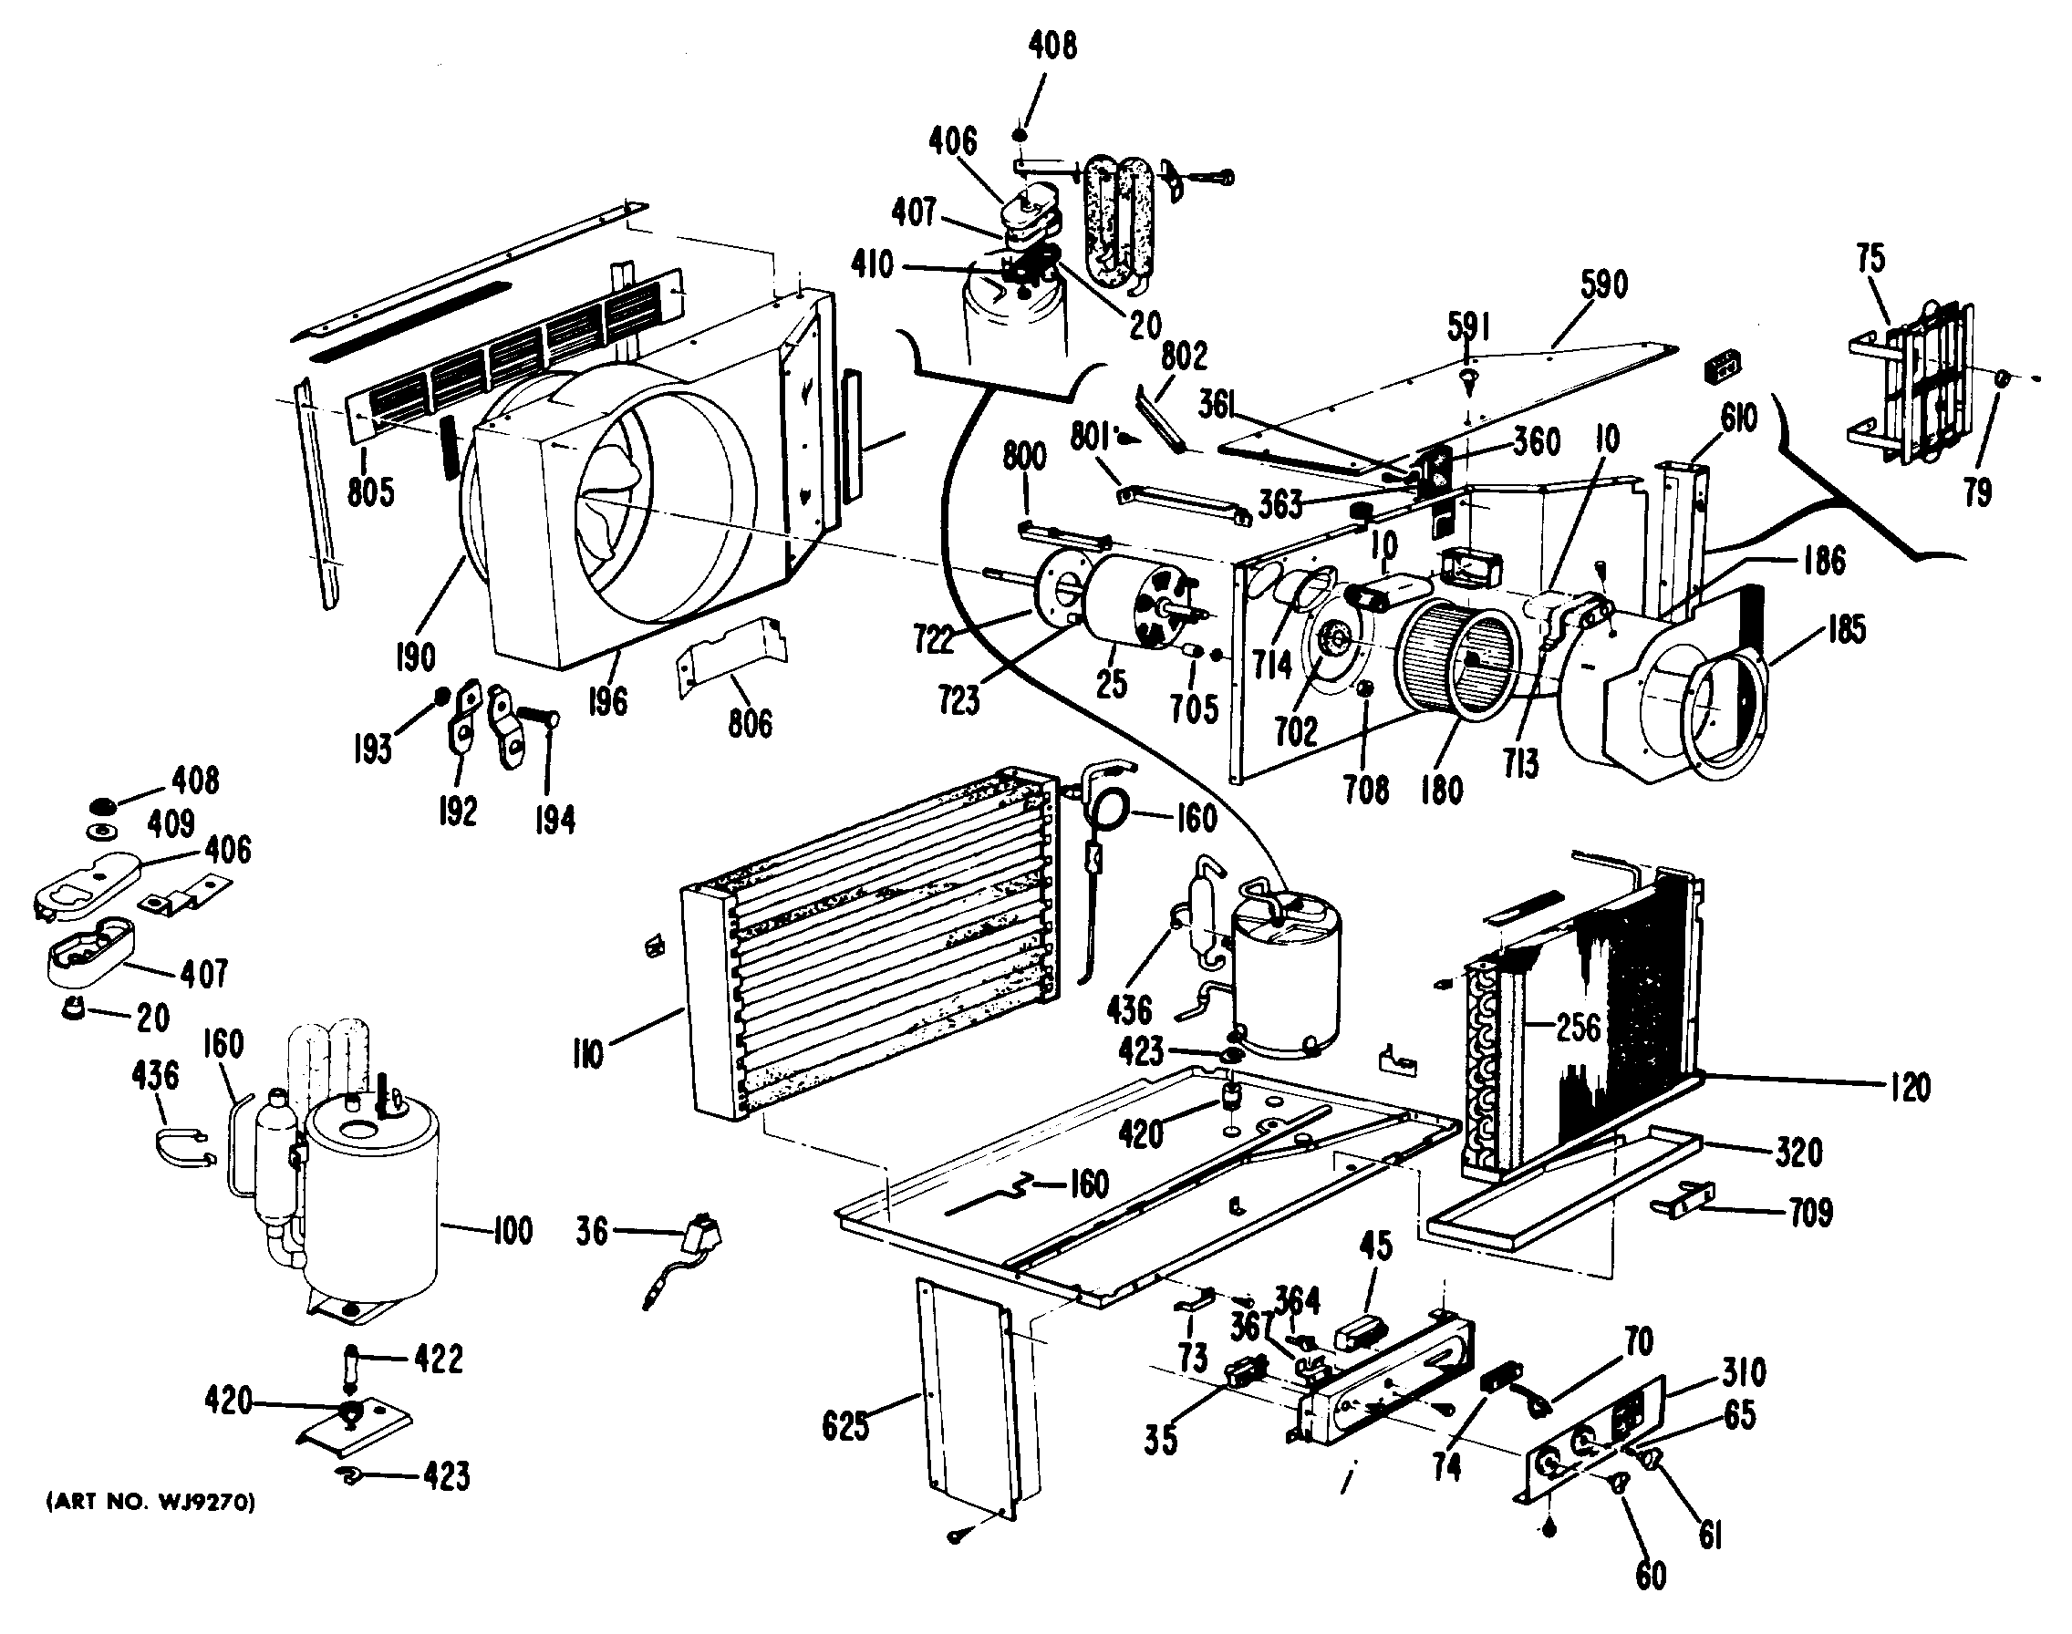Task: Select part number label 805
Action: [370, 492]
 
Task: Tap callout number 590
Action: [1602, 284]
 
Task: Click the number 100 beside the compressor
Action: [512, 1230]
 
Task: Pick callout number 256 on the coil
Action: [1578, 1028]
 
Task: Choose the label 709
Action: [1810, 1213]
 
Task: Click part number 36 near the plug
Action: [592, 1231]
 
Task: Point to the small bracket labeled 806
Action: [731, 656]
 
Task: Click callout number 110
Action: [587, 1054]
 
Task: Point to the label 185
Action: [1845, 628]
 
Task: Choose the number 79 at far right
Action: [1977, 492]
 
